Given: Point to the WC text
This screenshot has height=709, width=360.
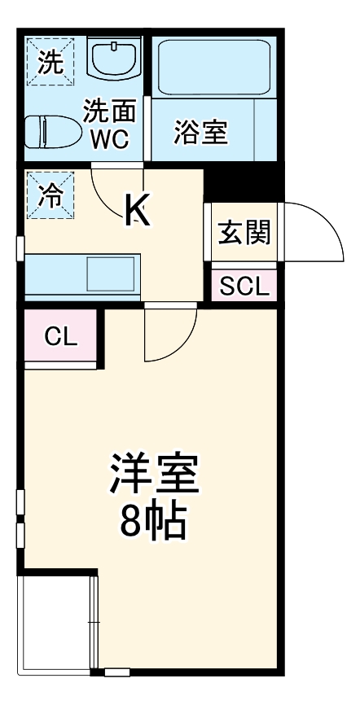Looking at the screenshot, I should coord(108,138).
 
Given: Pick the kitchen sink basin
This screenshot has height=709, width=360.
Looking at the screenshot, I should coord(112,274).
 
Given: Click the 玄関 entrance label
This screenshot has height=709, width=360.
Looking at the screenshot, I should coord(243,234).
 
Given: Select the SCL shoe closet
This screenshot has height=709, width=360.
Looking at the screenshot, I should coord(243,287).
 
